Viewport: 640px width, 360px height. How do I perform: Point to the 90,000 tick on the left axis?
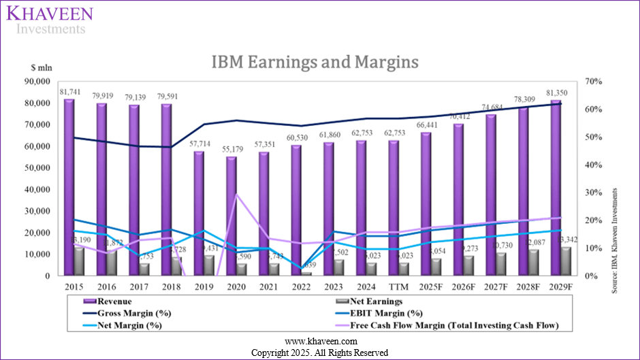point(38,81)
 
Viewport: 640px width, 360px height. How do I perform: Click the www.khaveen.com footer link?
point(319,341)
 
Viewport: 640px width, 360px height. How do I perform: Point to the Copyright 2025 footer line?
point(319,353)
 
